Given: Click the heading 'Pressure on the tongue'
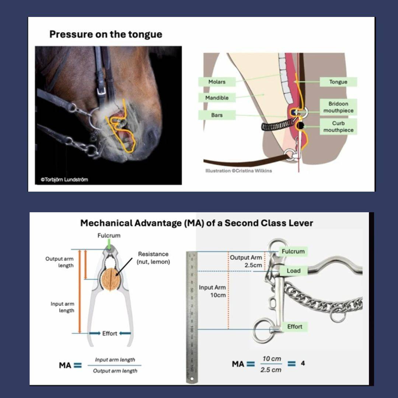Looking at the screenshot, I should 106,35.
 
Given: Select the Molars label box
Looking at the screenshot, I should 217,82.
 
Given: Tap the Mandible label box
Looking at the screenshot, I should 217,98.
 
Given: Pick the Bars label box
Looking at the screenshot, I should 217,115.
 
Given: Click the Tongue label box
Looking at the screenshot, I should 338,82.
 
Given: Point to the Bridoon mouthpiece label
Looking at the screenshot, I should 338,107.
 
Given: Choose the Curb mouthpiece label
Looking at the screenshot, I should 338,126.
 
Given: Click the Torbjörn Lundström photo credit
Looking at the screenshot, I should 64,180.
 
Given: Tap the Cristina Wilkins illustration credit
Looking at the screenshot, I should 239,171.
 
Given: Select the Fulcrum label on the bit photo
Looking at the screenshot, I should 293,251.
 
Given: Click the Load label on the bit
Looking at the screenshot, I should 294,271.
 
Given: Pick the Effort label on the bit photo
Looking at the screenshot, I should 294,327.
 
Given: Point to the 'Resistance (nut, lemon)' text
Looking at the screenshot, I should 153,258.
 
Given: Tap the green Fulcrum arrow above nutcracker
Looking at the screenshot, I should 109,244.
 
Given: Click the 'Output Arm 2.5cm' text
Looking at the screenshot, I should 246,261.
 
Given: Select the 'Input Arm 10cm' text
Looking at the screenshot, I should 212,291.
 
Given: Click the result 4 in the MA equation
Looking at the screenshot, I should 303,363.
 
